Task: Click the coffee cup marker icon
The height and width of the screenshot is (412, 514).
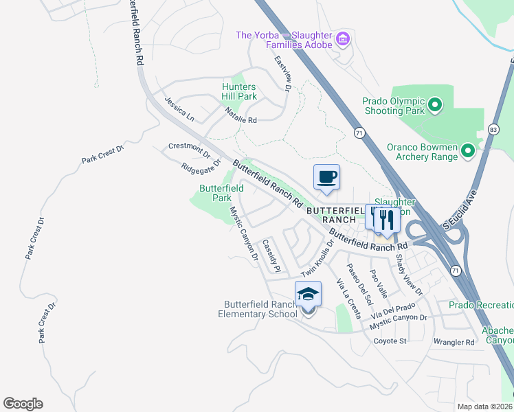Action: coord(326,177)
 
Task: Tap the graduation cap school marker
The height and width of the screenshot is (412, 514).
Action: coord(308,295)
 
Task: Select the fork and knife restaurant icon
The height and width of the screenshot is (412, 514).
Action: coord(386,219)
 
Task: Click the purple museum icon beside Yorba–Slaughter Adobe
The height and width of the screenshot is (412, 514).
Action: coord(342,40)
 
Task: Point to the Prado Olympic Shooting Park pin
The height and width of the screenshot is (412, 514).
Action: coord(434,105)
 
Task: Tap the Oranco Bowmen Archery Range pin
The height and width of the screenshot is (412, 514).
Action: coord(468,150)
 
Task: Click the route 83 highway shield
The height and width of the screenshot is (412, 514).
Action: coord(493,129)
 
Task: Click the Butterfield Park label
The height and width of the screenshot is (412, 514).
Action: coord(221,192)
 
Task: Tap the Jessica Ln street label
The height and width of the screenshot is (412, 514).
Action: coord(179,109)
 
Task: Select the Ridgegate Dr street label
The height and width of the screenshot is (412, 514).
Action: coord(201,165)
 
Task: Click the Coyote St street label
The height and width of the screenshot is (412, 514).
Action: coord(390,341)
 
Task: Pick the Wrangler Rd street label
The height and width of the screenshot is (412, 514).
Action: coord(454,342)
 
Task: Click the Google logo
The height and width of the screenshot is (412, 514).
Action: coord(23,404)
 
